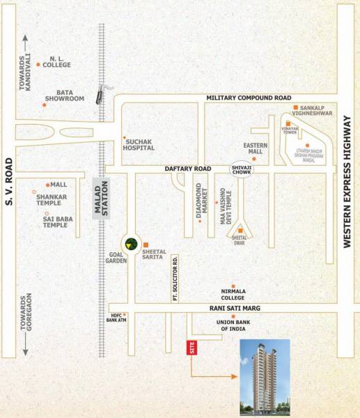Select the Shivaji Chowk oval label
click(243, 169)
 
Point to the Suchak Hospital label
click(143, 144)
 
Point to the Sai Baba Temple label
click(55, 222)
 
